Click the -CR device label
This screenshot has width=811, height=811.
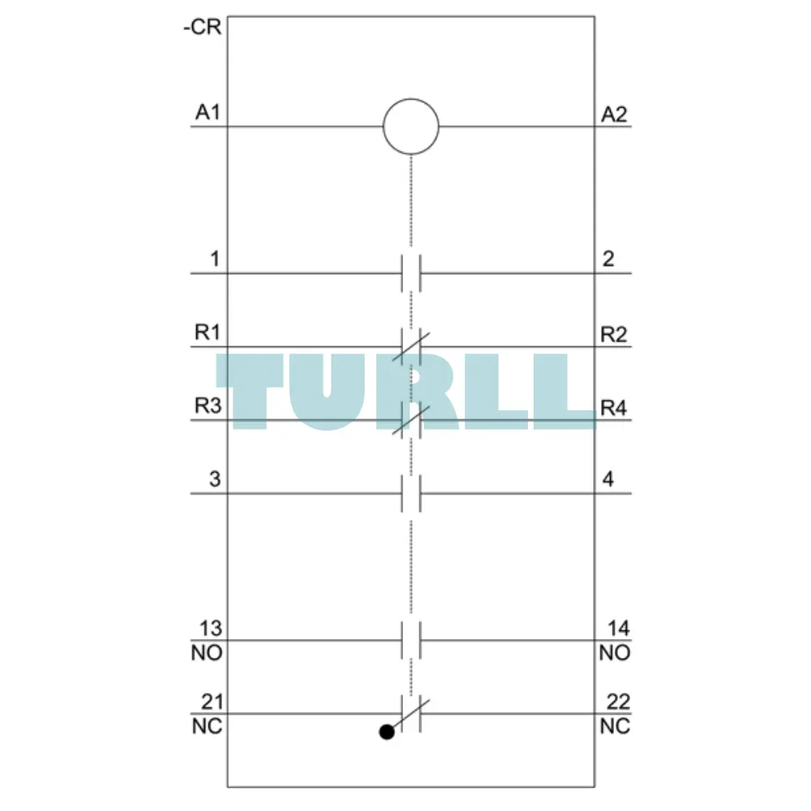click(202, 27)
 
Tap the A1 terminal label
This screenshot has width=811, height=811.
click(208, 112)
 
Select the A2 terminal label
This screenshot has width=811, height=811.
click(614, 114)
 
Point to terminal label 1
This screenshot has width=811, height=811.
click(215, 259)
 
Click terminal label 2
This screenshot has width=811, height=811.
click(608, 259)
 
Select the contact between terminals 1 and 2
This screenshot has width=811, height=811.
click(411, 273)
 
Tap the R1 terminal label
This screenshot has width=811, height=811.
click(208, 332)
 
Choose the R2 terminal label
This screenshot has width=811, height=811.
click(614, 335)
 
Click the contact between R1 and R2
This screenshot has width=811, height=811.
click(411, 346)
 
